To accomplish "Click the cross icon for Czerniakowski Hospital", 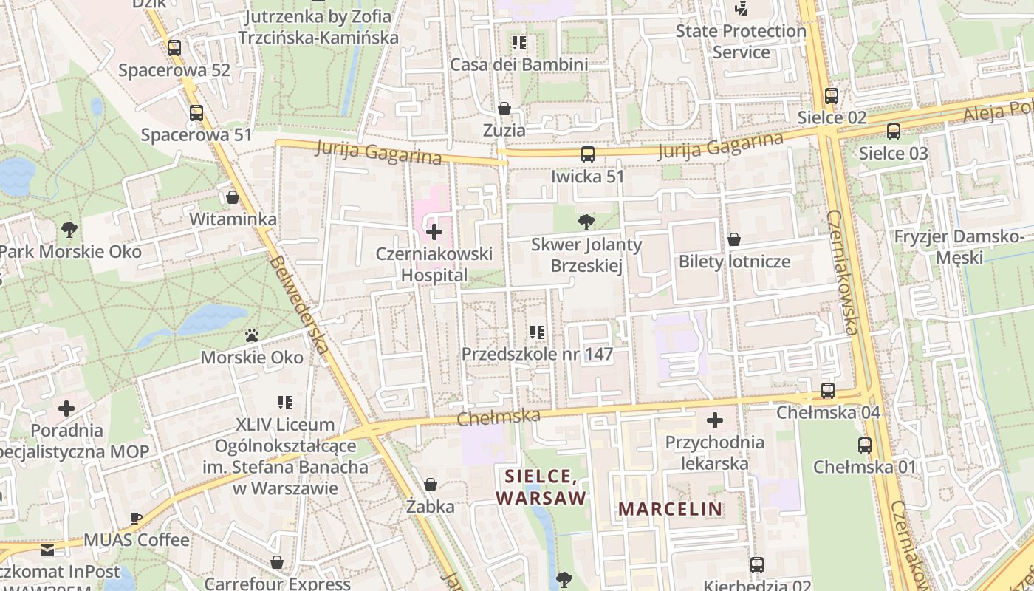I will pos(434,233).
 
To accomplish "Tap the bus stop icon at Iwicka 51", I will pos(588,154).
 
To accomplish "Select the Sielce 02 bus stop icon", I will pos(832,96).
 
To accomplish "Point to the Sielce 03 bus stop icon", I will pos(894,131).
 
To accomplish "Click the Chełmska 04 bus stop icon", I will pos(828,391).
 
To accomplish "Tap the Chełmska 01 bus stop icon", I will pos(865,445).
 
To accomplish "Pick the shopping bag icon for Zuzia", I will pos(504,109).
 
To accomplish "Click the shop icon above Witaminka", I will pos(233,198).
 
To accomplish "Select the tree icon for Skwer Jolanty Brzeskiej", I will pos(586,222).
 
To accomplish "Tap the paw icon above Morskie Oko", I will pos(252,336).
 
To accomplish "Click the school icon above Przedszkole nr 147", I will pos(537,332).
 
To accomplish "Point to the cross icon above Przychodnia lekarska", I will pos(715,420).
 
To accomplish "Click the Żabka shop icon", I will pos(431,485).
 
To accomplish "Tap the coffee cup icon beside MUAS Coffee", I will pos(136,518).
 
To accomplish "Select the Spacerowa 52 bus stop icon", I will pos(174,48).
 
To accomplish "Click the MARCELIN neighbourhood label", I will pos(670,508).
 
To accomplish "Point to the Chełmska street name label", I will pos(499,417).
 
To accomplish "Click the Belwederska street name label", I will pos(298,308).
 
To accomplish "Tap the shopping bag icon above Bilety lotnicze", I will pos(734,239).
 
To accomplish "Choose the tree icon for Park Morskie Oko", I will pos(70,229).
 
